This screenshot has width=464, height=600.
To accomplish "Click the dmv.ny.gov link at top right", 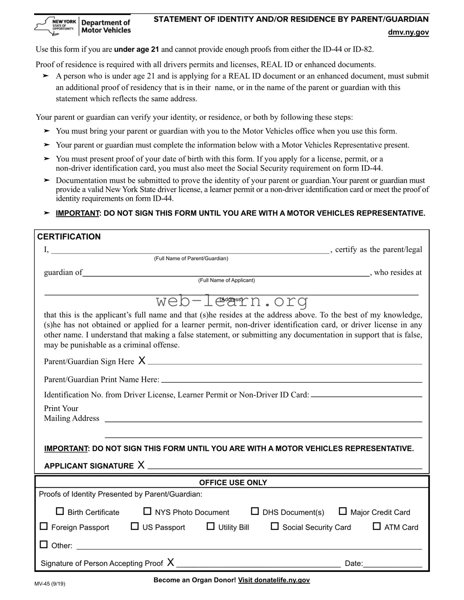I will (408, 32).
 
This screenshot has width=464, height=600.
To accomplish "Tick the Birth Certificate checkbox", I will (60, 511).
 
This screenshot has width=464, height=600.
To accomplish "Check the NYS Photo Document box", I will (148, 511).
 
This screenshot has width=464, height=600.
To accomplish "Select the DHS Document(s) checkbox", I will (255, 511).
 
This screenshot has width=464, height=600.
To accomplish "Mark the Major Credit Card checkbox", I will (343, 511).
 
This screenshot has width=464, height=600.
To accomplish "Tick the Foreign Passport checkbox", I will (44, 526).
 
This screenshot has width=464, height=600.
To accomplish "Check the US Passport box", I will (134, 526).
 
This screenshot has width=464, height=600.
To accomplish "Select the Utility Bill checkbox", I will (210, 526).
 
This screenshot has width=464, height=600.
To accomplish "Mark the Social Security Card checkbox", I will (275, 526).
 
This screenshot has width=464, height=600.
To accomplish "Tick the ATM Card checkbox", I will (377, 526).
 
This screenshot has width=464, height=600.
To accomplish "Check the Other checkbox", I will (44, 545).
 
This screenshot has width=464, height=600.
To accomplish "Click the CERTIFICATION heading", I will (69, 237).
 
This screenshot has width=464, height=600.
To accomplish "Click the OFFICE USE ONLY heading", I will (233, 482).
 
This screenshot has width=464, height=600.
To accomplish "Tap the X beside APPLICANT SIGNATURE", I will (141, 465).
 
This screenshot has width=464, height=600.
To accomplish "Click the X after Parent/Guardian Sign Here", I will (142, 360).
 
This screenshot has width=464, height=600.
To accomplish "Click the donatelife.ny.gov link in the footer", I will (274, 580).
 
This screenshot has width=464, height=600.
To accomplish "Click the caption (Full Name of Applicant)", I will (226, 280).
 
